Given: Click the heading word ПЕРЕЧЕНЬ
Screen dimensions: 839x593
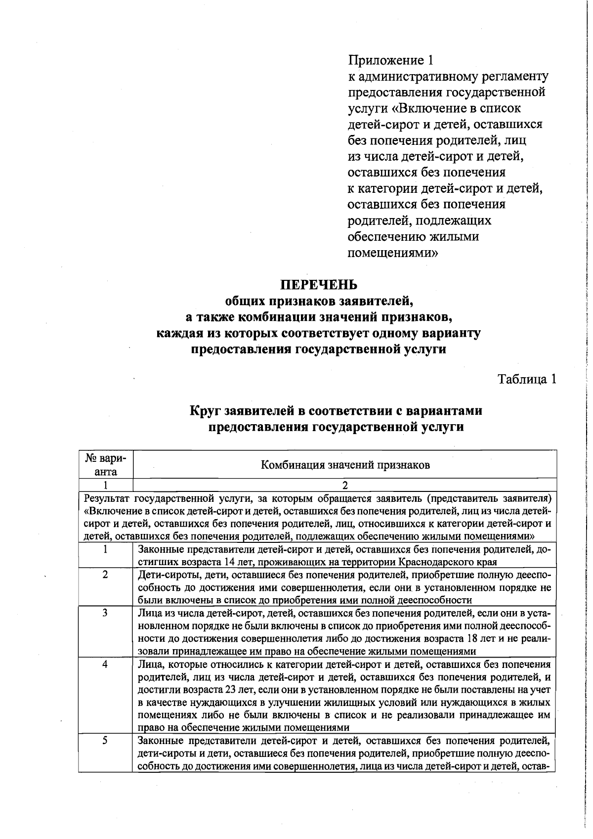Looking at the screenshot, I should point(318,285).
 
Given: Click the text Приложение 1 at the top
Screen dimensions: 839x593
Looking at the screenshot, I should point(390,60).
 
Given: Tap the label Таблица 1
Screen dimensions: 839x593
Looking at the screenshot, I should point(527,379).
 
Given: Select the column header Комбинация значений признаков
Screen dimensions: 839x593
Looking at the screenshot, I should point(345,465).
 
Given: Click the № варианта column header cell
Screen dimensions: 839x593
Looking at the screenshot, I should point(105,465).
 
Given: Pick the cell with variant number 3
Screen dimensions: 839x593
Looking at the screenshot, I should point(105,613).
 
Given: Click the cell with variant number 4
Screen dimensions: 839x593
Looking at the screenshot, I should point(105,664).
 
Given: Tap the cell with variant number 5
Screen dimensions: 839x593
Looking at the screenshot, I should point(105,741).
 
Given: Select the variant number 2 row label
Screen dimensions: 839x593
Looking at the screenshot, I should point(105,575).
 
